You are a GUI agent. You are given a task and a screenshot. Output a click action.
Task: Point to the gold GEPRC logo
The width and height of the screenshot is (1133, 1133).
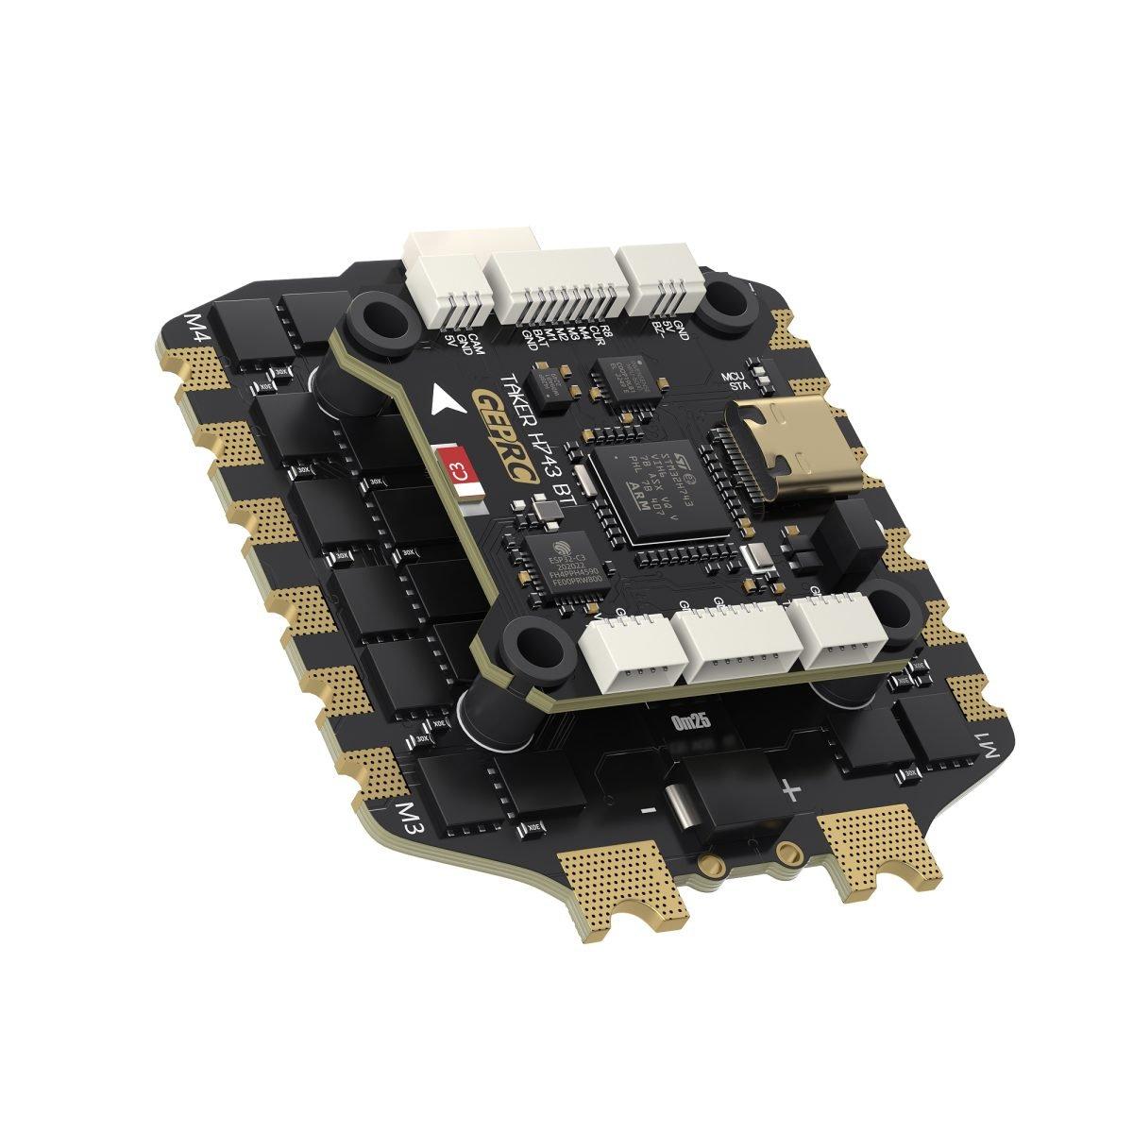click(510, 443)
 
